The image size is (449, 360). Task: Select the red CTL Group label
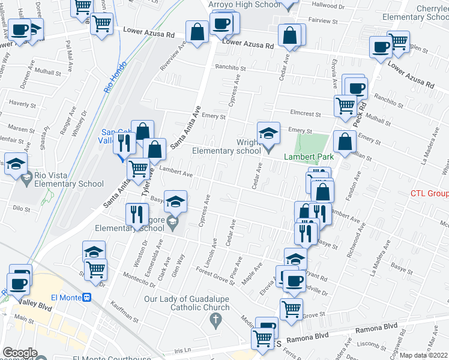click(429, 194)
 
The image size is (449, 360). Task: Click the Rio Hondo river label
click(116, 76)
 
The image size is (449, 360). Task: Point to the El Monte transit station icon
click(87, 297)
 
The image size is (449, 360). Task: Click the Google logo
click(19, 353)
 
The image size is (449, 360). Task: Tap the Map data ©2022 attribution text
click(423, 355)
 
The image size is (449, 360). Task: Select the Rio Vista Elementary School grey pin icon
click(26, 178)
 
